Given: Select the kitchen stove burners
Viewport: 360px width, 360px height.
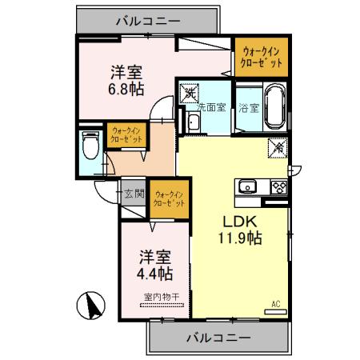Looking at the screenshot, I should tap(279, 187).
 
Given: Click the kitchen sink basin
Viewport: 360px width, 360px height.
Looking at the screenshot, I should tap(246, 188).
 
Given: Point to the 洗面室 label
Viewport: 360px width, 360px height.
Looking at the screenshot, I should tap(213, 108).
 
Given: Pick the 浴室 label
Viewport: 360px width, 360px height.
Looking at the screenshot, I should tap(248, 108).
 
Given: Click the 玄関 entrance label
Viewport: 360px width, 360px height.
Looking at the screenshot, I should tap(134, 193).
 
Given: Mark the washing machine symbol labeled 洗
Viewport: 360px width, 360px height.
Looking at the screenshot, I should tap(190, 94).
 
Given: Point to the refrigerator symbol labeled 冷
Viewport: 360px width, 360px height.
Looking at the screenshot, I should tap(278, 149).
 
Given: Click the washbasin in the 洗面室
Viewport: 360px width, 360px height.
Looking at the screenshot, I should tap(194, 122).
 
